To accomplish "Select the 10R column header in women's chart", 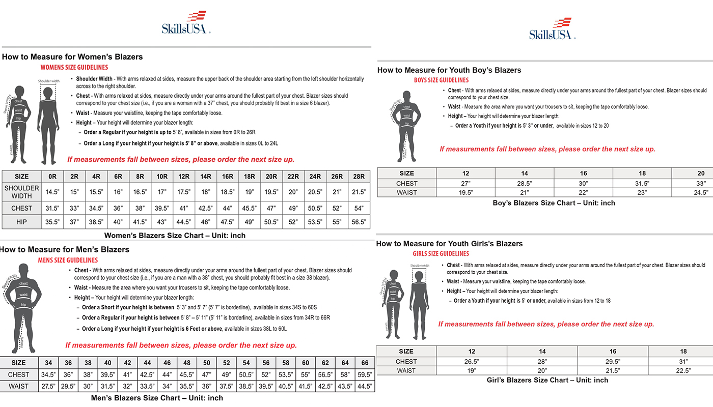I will point(162,177).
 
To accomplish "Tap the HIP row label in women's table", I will point(22,222).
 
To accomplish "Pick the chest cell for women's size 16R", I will point(228,208).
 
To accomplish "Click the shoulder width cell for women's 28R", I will point(359,192).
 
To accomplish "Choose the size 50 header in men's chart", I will point(207,363).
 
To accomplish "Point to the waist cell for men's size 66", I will point(365,386).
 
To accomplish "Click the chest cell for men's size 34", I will point(48,374).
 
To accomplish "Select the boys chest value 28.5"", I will point(525,183).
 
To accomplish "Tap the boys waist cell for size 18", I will point(642,192).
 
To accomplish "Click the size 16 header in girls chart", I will point(613,351).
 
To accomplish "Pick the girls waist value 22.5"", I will point(683,370).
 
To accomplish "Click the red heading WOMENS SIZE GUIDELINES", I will point(74,67).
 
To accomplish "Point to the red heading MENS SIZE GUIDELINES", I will point(68,260).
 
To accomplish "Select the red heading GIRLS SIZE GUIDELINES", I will point(441,253).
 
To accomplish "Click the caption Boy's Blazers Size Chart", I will point(554,203).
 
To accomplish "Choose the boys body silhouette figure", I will point(406,125).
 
